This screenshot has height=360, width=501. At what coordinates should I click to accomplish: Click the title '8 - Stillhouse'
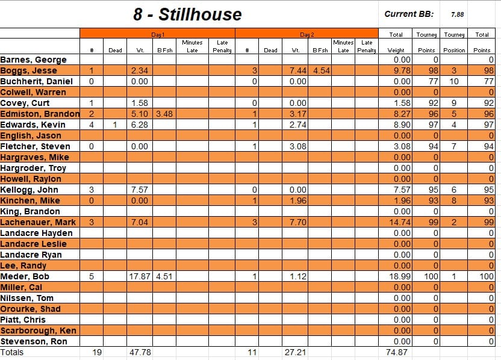pyautogui.click(x=187, y=14)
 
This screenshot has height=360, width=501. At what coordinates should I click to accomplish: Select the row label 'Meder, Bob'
pyautogui.click(x=25, y=276)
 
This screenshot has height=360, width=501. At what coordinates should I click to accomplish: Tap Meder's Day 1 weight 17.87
pyautogui.click(x=140, y=276)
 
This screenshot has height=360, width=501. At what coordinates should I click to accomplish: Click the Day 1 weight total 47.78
pyautogui.click(x=140, y=352)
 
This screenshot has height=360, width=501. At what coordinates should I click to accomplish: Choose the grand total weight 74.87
pyautogui.click(x=398, y=352)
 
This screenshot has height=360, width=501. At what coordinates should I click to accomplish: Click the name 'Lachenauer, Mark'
pyautogui.click(x=38, y=222)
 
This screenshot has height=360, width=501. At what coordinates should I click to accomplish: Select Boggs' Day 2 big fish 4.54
pyautogui.click(x=321, y=70)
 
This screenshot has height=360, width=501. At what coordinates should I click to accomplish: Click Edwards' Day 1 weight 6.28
pyautogui.click(x=140, y=125)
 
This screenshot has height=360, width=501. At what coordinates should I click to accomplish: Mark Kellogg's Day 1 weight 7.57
pyautogui.click(x=140, y=190)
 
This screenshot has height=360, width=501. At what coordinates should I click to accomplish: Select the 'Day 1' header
pyautogui.click(x=157, y=35)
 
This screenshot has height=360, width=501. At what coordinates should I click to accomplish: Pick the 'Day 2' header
pyautogui.click(x=307, y=35)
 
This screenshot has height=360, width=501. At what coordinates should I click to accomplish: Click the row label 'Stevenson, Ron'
pyautogui.click(x=34, y=341)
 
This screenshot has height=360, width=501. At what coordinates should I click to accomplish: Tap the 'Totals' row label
pyautogui.click(x=12, y=352)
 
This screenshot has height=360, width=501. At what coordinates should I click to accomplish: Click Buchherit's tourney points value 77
pyautogui.click(x=431, y=81)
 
